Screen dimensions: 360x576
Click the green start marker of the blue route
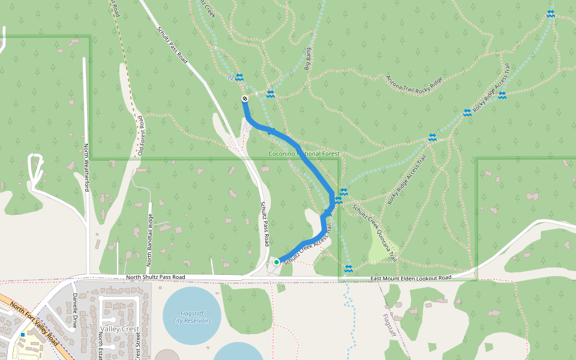[x=277, y=262]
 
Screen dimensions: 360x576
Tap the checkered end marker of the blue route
[x=245, y=98]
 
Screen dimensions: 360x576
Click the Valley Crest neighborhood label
[x=120, y=329]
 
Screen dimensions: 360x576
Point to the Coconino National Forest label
[x=304, y=154]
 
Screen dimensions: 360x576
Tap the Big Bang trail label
[x=309, y=59]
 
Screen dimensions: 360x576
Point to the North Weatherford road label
[x=86, y=167]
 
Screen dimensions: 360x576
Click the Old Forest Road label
[x=142, y=136]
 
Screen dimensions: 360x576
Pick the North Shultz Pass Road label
[x=155, y=277]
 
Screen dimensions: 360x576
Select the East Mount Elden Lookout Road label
[x=410, y=278]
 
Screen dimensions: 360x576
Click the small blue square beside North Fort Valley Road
[x=23, y=334]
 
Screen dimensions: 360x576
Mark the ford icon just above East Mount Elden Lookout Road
[x=349, y=268]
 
